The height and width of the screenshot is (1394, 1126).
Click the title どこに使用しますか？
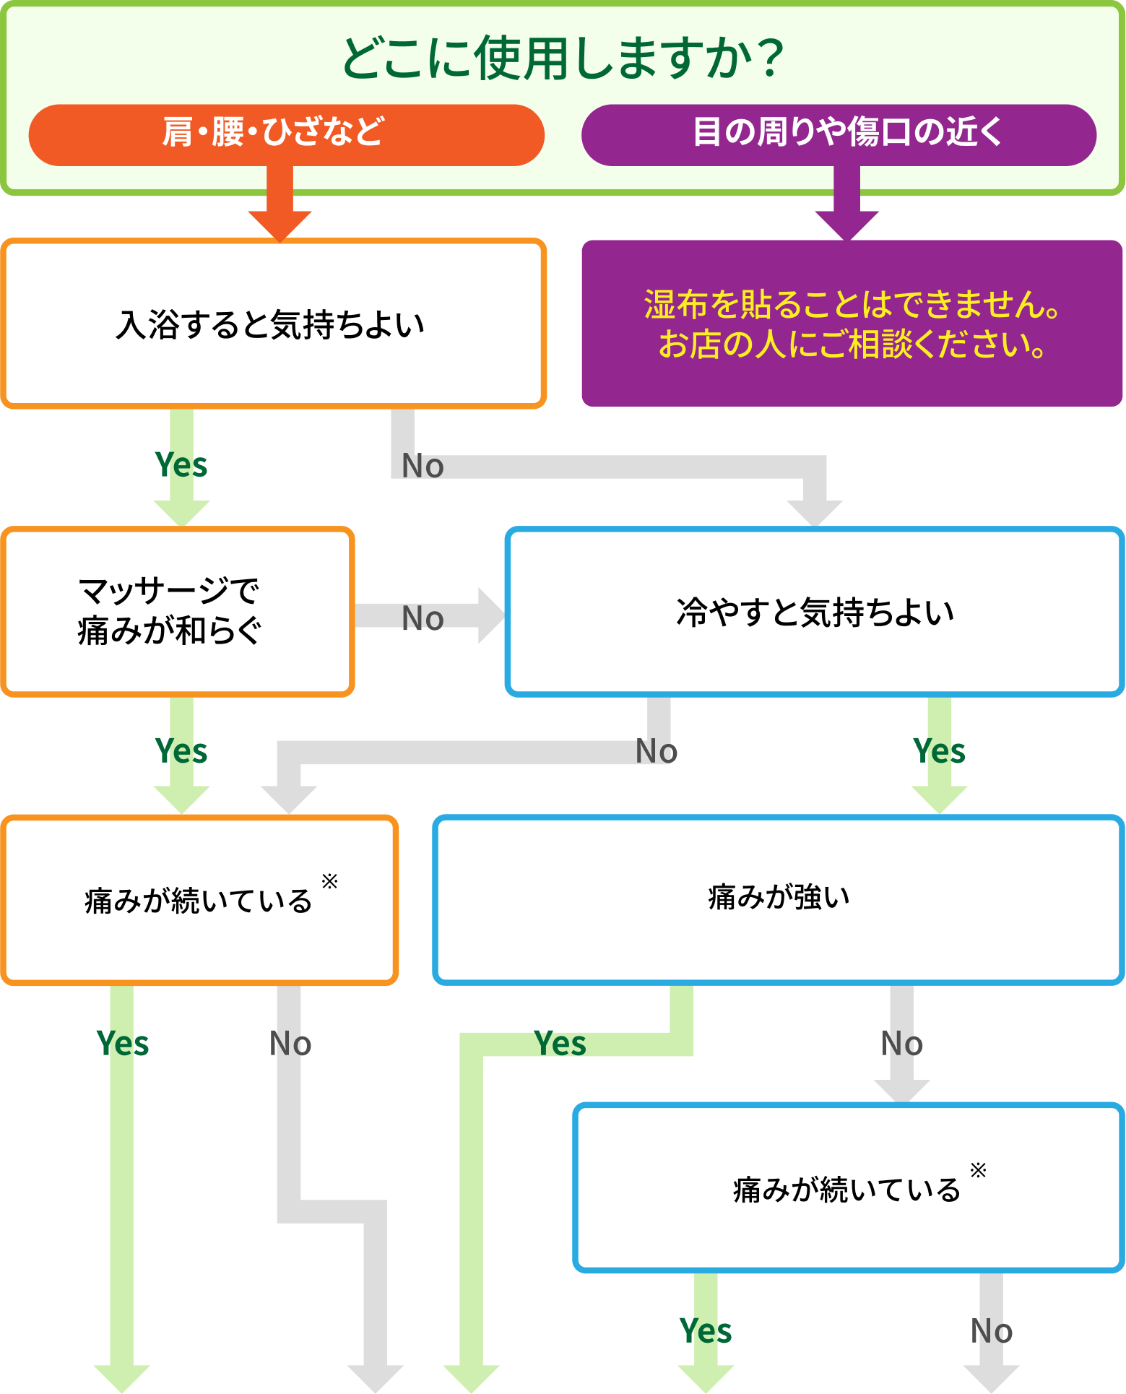[563, 58]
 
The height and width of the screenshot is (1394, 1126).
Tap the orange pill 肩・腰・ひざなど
[286, 134]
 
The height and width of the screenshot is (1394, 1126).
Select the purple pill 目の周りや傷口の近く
[839, 134]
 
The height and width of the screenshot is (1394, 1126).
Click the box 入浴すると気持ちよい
[273, 324]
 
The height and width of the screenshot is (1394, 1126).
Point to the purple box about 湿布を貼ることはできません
[852, 324]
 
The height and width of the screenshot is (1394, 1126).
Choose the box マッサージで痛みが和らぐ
[177, 611]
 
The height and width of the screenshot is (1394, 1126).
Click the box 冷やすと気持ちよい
[815, 611]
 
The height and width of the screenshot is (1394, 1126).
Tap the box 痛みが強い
[779, 899]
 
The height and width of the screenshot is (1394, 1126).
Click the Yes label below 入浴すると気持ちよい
[181, 465]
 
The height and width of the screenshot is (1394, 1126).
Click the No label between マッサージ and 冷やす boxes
[423, 618]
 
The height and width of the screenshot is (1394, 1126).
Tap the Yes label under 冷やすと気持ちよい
[939, 751]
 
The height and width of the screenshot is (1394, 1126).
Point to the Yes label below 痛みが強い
[560, 1044]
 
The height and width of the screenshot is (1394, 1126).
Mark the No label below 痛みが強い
[902, 1044]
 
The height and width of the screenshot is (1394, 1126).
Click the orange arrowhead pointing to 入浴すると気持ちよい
[280, 225]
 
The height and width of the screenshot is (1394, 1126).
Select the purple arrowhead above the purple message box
[846, 225]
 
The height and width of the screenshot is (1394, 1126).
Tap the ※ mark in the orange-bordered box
[329, 880]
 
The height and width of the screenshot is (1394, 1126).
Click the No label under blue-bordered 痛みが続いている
[992, 1331]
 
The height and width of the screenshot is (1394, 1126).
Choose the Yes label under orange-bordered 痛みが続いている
[122, 1044]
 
